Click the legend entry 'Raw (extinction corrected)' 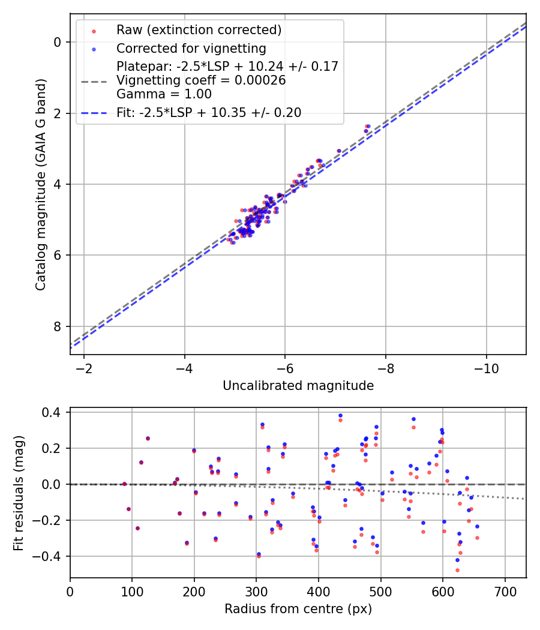click(x=199, y=30)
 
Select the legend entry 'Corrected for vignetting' click(x=191, y=48)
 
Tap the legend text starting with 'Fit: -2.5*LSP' click(x=209, y=112)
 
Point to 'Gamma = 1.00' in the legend click(x=164, y=94)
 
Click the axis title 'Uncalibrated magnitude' click(x=298, y=386)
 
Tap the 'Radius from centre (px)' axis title click(x=298, y=609)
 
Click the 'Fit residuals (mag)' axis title click(x=19, y=493)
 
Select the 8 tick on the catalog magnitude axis click(x=57, y=326)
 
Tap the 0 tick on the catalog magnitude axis click(x=57, y=42)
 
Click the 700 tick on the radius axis click(x=505, y=590)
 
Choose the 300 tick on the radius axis click(x=256, y=590)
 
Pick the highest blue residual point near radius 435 click(x=340, y=415)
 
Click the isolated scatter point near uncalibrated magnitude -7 click(x=339, y=151)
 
